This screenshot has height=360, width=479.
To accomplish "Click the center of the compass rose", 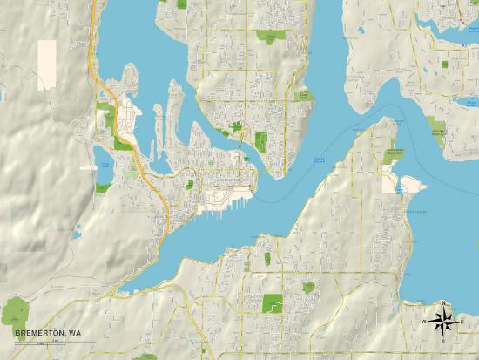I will [443, 321].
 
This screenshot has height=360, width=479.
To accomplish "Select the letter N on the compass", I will [443, 302].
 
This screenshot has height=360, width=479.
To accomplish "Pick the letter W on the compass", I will [424, 322].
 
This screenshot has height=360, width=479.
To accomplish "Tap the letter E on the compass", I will [462, 322].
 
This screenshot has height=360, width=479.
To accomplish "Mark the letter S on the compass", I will [443, 340].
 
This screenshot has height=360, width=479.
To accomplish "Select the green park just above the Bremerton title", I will [16, 310].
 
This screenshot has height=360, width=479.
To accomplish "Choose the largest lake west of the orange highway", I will [103, 172].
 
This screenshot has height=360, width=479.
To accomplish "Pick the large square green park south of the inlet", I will [273, 304].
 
